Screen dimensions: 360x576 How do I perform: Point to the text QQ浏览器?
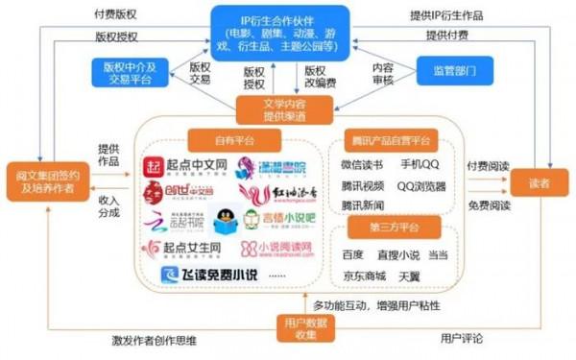point(420,187)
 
